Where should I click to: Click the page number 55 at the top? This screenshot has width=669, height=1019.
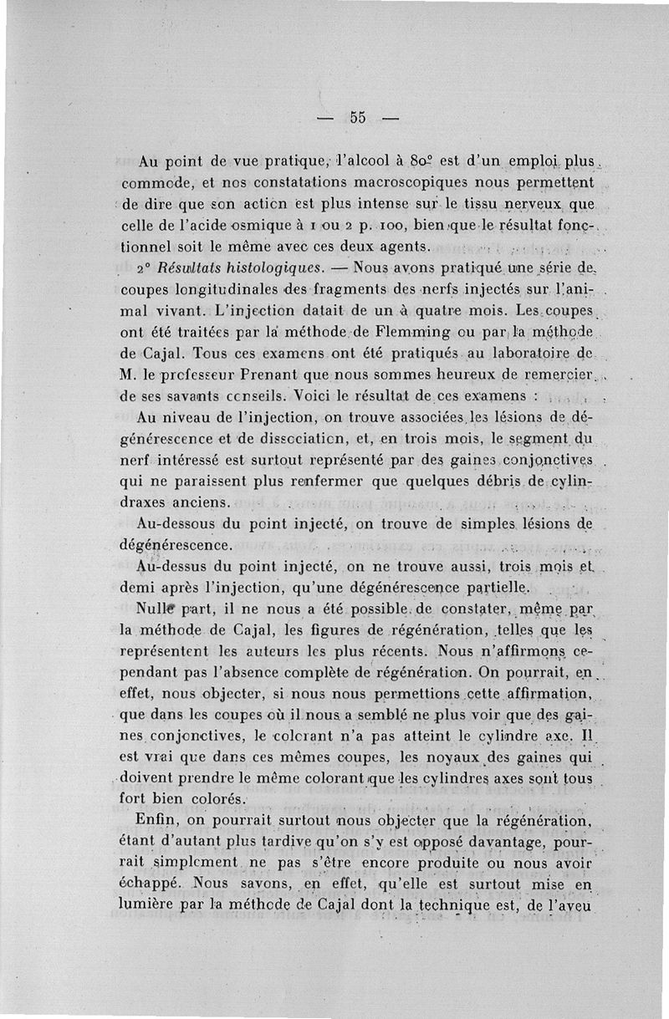tap(358, 118)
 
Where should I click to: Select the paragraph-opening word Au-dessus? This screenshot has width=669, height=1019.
tap(173, 566)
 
